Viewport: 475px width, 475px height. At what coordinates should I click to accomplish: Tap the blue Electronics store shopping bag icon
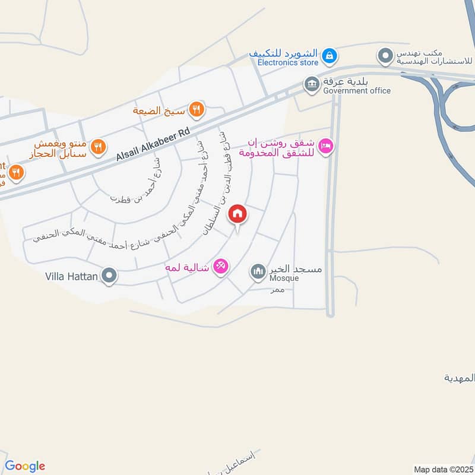point(330,57)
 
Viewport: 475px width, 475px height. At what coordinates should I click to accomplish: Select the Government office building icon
point(311,84)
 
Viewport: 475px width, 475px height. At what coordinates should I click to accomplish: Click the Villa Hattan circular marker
point(109,275)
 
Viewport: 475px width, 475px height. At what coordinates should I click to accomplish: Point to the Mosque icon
point(258,272)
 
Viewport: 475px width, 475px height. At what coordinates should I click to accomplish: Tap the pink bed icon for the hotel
point(325,145)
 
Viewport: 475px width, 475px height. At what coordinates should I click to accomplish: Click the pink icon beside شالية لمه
point(221,267)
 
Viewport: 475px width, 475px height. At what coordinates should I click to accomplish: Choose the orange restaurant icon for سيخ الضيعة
point(197,109)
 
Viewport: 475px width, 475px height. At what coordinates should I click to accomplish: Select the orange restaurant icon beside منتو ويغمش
point(99,146)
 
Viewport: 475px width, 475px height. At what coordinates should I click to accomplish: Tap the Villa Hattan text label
point(71,276)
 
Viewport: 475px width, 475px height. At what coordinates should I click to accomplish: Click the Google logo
point(25,466)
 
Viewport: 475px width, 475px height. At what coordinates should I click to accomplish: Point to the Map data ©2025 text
point(442,470)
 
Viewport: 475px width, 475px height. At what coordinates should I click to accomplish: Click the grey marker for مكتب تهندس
point(385,56)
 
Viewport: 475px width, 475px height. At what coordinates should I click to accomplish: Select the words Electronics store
point(284,61)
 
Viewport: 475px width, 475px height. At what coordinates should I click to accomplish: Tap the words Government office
point(357,91)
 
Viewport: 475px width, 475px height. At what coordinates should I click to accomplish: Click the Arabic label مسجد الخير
point(295,269)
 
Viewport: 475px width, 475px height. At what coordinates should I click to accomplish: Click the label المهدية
point(460,378)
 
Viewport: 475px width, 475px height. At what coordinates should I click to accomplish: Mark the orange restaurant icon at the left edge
point(16,172)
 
